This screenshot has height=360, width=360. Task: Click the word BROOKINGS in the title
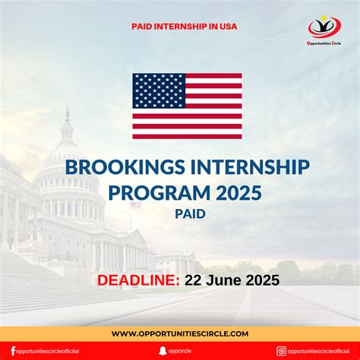point(118,166)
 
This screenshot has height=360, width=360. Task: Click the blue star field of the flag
point(158,90)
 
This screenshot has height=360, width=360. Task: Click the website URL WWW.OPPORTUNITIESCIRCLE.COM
point(180,333)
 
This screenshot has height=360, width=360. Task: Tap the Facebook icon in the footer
point(13,351)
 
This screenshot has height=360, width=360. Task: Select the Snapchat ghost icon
point(161,351)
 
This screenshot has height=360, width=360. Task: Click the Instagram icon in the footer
point(281,351)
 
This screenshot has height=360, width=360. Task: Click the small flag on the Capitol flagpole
point(134,204)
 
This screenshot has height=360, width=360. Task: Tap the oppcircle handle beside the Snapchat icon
point(182,351)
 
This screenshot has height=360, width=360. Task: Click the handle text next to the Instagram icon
point(319,351)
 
